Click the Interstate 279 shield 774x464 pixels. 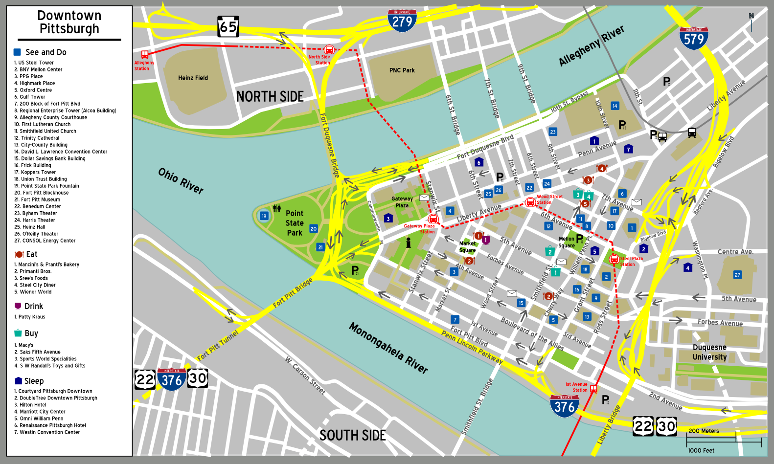point(402,21)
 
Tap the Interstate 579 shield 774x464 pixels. point(694,38)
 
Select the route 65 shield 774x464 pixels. point(228,26)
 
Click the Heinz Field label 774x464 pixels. point(193,78)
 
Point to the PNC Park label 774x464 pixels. point(402,70)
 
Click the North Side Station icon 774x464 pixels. point(329,49)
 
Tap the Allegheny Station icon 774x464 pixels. point(145,54)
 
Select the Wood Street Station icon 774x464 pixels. point(530,202)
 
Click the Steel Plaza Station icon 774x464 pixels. point(614,259)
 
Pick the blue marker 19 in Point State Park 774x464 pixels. point(264,216)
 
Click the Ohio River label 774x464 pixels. point(181,180)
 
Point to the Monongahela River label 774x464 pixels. point(388,348)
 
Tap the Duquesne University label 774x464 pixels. point(709,352)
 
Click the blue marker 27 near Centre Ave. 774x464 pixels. point(737,275)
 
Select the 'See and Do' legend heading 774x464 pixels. point(46,52)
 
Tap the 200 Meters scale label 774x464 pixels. point(704,431)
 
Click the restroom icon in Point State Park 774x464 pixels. point(277,208)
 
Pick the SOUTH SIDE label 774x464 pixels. point(352,435)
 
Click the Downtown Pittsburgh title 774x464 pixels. point(69,22)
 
